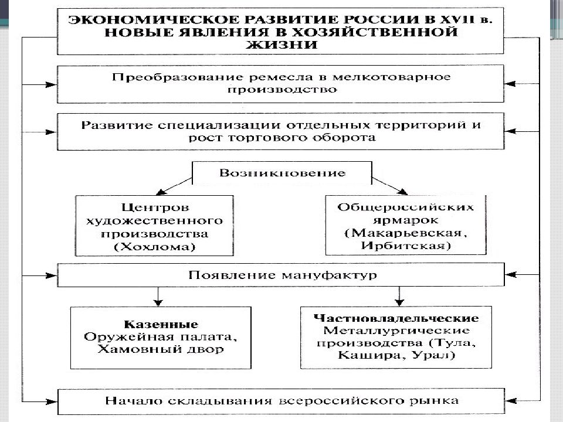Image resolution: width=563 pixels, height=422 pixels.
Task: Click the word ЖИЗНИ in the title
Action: point(282,45)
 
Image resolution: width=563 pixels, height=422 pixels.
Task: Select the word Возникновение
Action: point(283,173)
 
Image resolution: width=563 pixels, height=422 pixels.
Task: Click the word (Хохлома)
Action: point(154,247)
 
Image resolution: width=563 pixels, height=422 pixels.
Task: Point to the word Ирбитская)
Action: point(406,246)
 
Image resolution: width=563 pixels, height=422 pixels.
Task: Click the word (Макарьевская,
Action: point(406,233)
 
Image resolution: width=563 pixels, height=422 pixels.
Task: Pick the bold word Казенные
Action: point(161,324)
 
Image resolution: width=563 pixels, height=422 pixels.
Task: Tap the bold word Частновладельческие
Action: point(396,318)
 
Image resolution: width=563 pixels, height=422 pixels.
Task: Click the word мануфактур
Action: point(329,275)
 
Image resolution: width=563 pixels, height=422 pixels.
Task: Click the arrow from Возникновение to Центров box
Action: point(174,186)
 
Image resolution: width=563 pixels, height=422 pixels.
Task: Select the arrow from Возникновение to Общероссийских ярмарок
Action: point(389,186)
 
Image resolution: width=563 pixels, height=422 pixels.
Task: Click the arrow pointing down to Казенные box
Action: point(158,297)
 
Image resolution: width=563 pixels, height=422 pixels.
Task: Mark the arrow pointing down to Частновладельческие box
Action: point(399,297)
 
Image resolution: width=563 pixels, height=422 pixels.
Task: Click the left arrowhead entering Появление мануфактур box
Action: point(51,275)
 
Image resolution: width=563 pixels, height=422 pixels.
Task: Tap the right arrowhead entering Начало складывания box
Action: point(511,400)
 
